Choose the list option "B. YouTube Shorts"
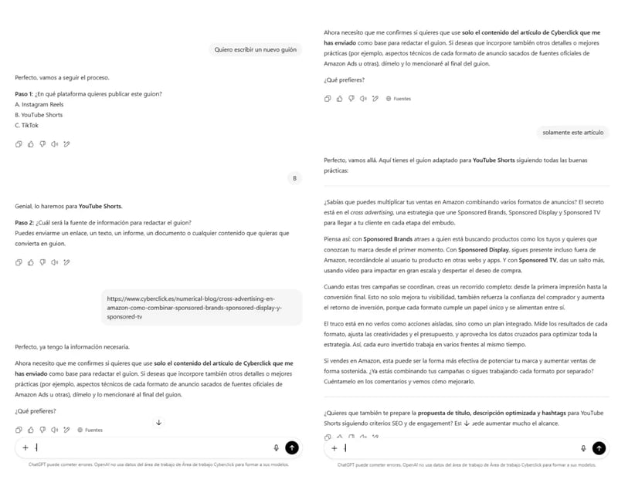click(39, 115)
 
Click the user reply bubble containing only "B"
click(294, 178)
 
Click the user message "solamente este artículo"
click(572, 132)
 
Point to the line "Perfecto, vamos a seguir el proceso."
click(62, 78)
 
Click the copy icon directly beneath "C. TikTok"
click(19, 143)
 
